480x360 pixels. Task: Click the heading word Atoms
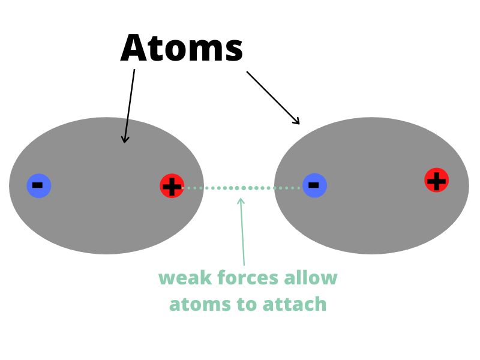pyautogui.click(x=182, y=48)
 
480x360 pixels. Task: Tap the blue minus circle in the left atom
pyautogui.click(x=39, y=185)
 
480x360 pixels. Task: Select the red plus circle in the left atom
pyautogui.click(x=172, y=186)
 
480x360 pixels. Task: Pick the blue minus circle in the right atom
pyautogui.click(x=314, y=185)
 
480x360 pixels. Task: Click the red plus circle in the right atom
pyautogui.click(x=437, y=180)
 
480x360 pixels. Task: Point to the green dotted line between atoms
pyautogui.click(x=241, y=188)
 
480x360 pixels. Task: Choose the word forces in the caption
pyautogui.click(x=248, y=278)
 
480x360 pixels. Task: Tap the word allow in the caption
pyautogui.click(x=311, y=278)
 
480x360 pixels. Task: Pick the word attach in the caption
pyautogui.click(x=295, y=304)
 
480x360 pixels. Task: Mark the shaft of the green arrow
pyautogui.click(x=242, y=233)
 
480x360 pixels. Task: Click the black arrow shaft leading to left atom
pyautogui.click(x=130, y=106)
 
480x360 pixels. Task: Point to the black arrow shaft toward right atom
pyautogui.click(x=272, y=97)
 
